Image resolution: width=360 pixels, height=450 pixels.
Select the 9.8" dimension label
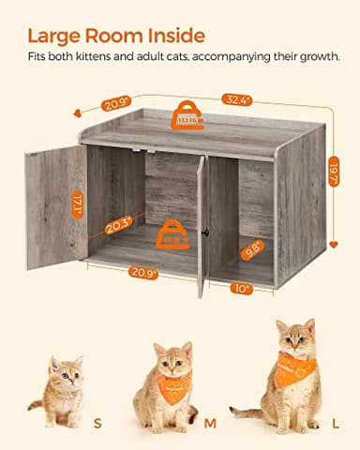[x=252, y=249]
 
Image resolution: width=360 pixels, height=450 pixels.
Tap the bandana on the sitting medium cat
[x=173, y=382]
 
